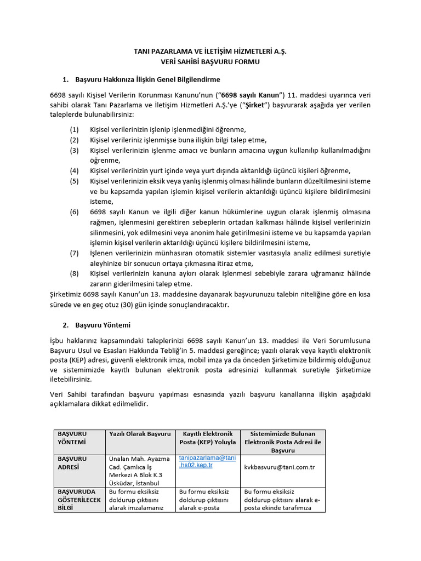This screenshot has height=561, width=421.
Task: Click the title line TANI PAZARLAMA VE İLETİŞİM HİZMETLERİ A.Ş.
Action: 210,51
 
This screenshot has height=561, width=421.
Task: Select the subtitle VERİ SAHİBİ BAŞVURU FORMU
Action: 210,62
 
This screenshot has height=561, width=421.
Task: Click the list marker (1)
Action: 75,130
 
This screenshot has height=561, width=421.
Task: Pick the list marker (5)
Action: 75,181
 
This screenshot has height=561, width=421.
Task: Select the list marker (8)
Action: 75,273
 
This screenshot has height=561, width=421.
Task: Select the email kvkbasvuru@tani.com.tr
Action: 279,467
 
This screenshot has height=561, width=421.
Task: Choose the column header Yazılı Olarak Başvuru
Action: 140,434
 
